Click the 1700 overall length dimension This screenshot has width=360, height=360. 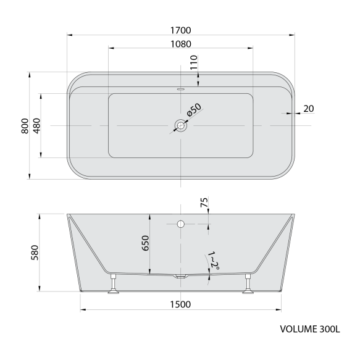[180, 29]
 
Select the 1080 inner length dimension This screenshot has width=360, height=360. [180, 43]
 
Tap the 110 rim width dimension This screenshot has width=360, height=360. [194, 62]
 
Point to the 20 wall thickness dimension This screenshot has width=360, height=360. [309, 109]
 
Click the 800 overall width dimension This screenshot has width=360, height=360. [23, 126]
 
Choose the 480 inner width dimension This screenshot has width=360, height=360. [36, 126]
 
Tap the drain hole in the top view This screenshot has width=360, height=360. [180, 126]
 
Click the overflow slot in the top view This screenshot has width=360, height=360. [180, 88]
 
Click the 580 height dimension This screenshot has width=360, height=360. [35, 253]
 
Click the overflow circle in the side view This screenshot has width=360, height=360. [180, 223]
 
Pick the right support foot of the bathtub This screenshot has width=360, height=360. [249, 287]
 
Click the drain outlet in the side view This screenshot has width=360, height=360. [180, 277]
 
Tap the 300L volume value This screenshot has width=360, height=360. [329, 329]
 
